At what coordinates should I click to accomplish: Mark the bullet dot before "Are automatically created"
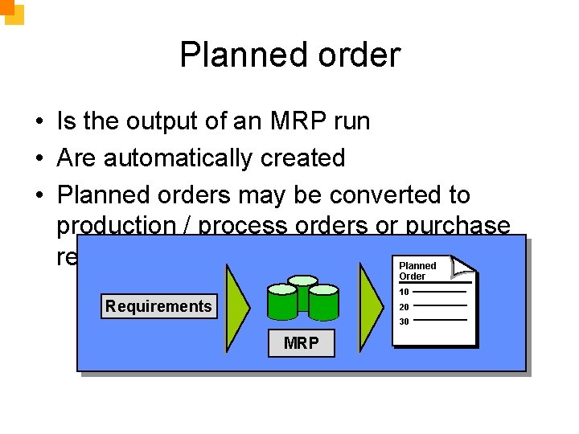coord(39,158)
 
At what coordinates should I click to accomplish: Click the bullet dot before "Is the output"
coord(39,121)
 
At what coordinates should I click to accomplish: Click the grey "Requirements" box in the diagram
coord(158,306)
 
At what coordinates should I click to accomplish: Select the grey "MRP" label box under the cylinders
coord(301,343)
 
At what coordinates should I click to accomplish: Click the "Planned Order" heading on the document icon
coord(417,271)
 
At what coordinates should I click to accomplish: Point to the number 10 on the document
coord(404,292)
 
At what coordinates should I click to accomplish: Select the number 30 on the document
coord(404,321)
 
